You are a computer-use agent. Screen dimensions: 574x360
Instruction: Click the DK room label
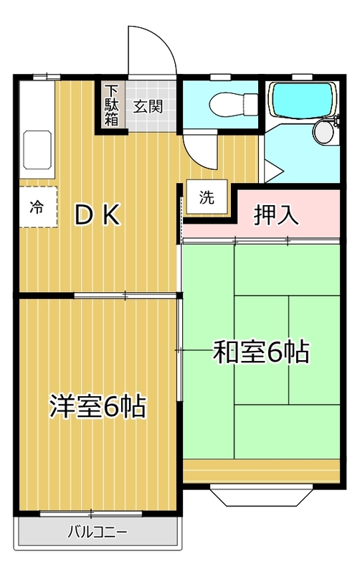pos(98,215)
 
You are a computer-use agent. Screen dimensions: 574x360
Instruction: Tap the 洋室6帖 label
pos(98,406)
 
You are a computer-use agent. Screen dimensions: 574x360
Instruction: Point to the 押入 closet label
pos(277,215)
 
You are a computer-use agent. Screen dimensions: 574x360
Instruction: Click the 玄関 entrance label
pos(148,106)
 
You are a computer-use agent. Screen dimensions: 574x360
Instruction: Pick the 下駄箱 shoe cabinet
pos(112,105)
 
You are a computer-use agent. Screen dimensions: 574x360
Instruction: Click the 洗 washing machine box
pos(207,198)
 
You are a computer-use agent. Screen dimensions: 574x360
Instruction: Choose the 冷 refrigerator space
pos(37,207)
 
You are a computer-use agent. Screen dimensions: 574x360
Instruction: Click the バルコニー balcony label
pos(97,533)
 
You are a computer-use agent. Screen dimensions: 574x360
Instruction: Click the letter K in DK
pos(110,215)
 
